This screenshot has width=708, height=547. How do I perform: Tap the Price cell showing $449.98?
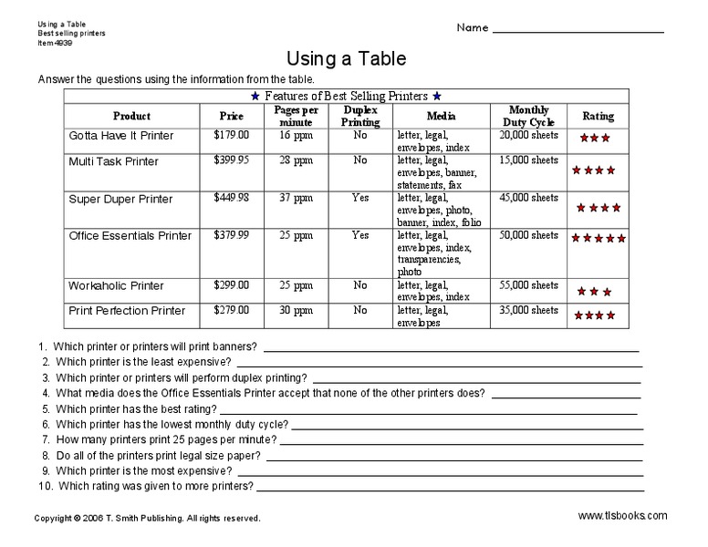point(231,197)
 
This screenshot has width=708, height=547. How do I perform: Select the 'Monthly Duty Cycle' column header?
point(528,116)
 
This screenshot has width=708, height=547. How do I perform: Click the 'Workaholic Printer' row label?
point(116,285)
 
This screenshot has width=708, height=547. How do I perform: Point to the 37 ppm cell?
point(296,197)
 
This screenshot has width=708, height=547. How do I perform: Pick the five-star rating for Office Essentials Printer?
point(599,239)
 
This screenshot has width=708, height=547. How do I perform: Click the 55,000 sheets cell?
point(528,285)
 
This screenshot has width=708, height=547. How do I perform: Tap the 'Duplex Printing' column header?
point(360,116)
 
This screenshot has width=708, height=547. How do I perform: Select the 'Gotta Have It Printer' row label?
point(120,136)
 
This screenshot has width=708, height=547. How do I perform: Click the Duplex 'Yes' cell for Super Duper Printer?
point(360,197)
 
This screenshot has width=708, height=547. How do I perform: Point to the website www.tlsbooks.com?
point(622,516)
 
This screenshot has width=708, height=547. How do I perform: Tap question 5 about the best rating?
point(137,409)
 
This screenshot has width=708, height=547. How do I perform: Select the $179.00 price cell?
point(231,135)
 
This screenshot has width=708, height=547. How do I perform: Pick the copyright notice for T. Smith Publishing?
point(147,518)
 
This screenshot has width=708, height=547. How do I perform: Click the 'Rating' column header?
point(598,116)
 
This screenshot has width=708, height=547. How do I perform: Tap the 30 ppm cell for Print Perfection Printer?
point(296,310)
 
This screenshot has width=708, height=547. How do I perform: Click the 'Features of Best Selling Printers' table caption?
point(346,96)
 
